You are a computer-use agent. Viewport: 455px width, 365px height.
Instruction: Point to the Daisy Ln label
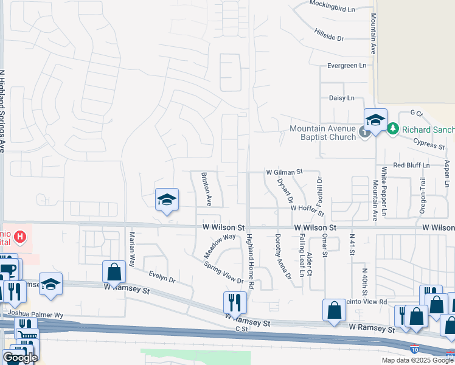pos(341,98)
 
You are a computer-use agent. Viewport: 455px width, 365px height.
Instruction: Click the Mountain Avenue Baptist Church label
pos(322,133)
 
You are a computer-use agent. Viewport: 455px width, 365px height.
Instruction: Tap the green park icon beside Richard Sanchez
pos(393,129)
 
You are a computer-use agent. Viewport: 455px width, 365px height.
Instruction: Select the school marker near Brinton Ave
pos(167,200)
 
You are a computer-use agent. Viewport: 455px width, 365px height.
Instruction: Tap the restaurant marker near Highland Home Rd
pos(234,301)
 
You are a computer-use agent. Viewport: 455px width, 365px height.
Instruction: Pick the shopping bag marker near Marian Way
pos(114,271)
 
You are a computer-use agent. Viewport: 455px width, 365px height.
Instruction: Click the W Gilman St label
pos(284,173)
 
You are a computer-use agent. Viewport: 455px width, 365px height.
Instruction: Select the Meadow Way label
pos(220,245)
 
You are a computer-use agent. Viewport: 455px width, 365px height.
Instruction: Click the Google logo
pos(20,358)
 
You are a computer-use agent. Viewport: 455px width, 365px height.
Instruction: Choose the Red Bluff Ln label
pos(411,165)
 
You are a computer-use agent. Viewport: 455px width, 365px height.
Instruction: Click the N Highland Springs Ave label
pos(3,109)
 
